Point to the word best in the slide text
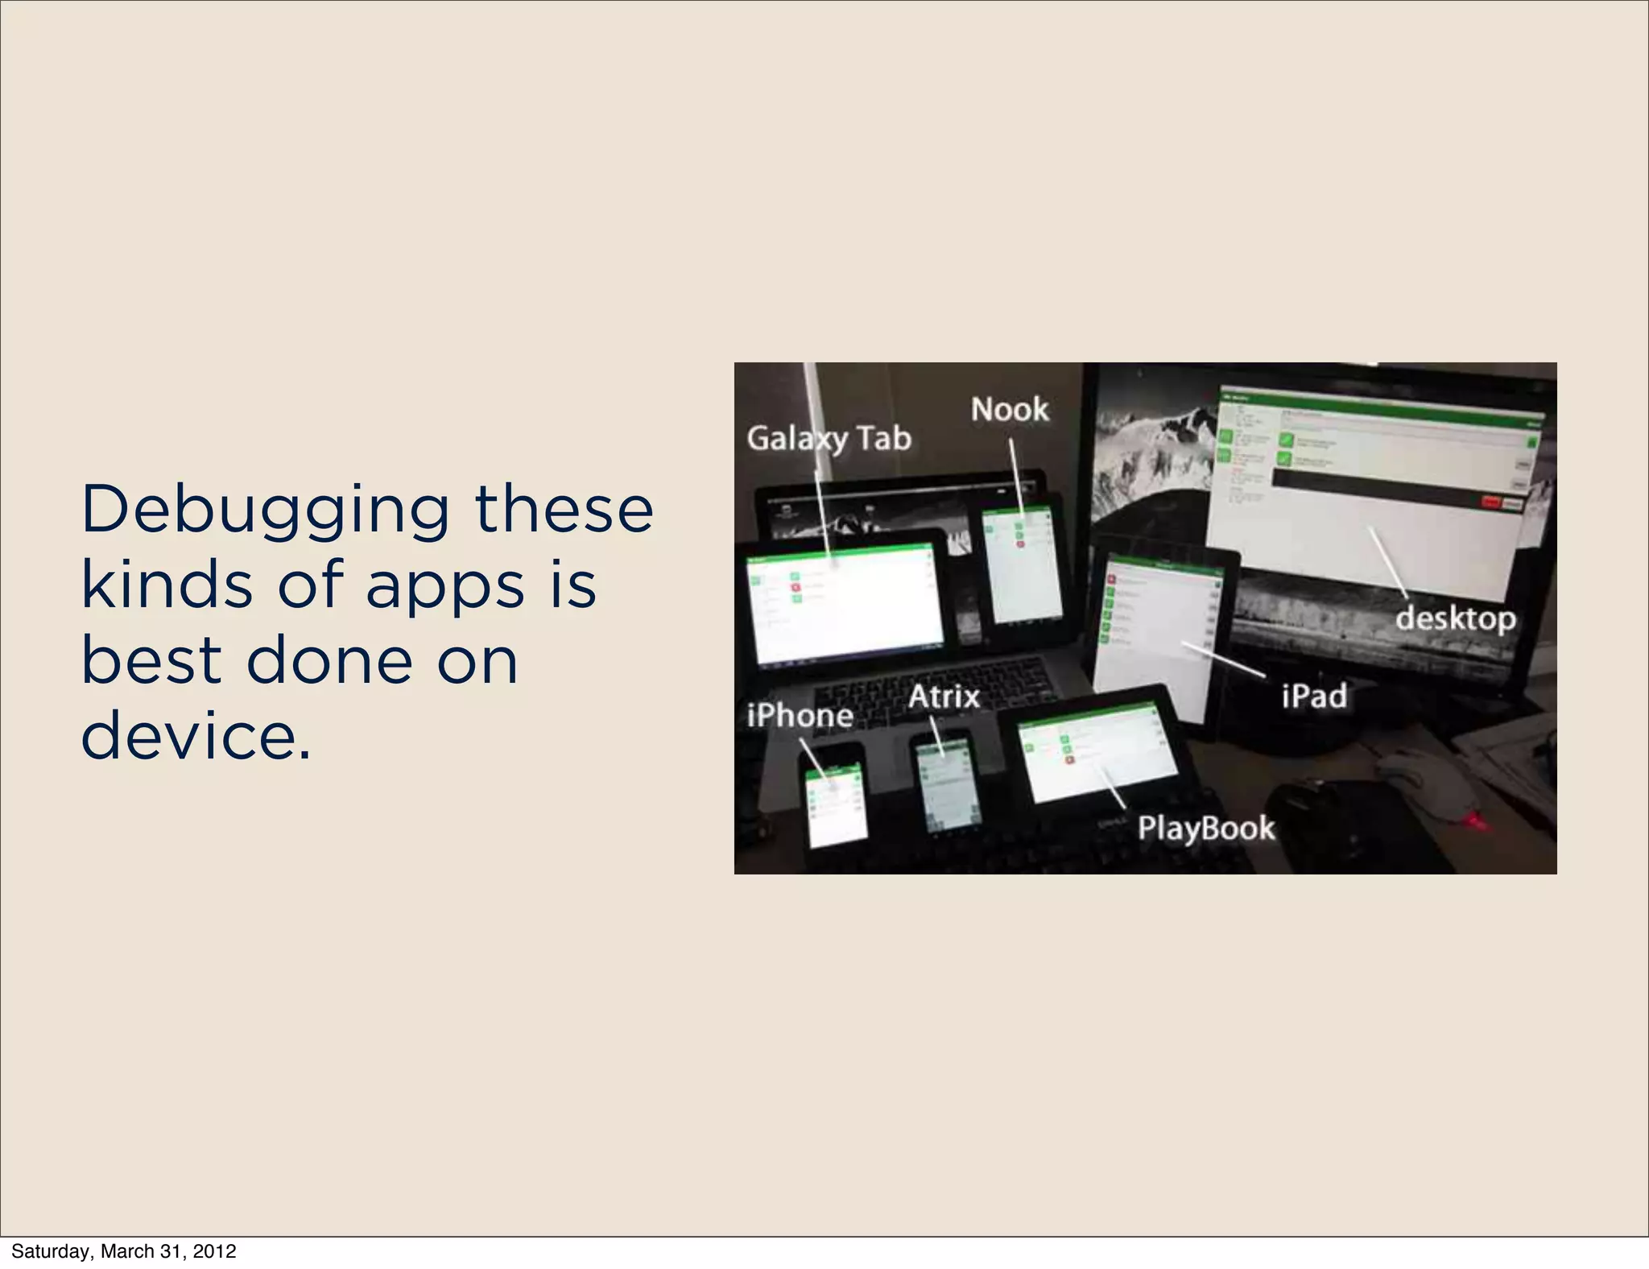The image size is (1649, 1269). click(151, 659)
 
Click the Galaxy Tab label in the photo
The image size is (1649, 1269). click(829, 439)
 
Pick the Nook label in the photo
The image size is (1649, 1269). click(1010, 410)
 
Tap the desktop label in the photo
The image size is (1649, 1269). click(1455, 618)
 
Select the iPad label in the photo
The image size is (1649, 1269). click(1314, 696)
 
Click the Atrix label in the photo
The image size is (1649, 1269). click(944, 697)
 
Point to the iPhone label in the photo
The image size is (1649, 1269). click(800, 715)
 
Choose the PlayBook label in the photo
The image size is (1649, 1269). click(1206, 828)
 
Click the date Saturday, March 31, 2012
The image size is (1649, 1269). click(124, 1250)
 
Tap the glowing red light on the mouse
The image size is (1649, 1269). click(1473, 822)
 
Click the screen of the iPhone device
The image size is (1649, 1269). click(837, 805)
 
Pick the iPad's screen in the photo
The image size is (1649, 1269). click(1159, 636)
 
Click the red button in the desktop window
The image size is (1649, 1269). click(1490, 502)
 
